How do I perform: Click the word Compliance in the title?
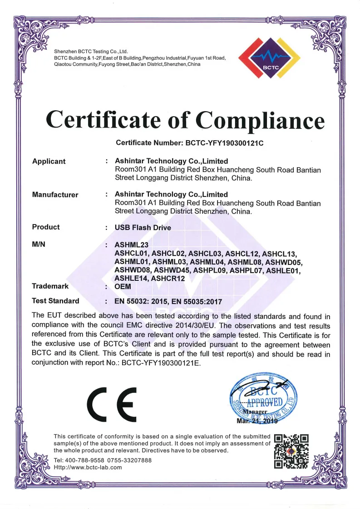[260, 120]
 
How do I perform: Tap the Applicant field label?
[49, 162]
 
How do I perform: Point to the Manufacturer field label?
[55, 195]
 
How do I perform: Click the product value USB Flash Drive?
[143, 228]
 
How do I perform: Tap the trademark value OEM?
[123, 287]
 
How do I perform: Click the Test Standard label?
[55, 301]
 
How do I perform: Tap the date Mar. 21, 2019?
[256, 421]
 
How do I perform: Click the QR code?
[292, 451]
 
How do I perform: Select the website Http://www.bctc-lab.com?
[88, 468]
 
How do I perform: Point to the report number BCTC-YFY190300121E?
[166, 363]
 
